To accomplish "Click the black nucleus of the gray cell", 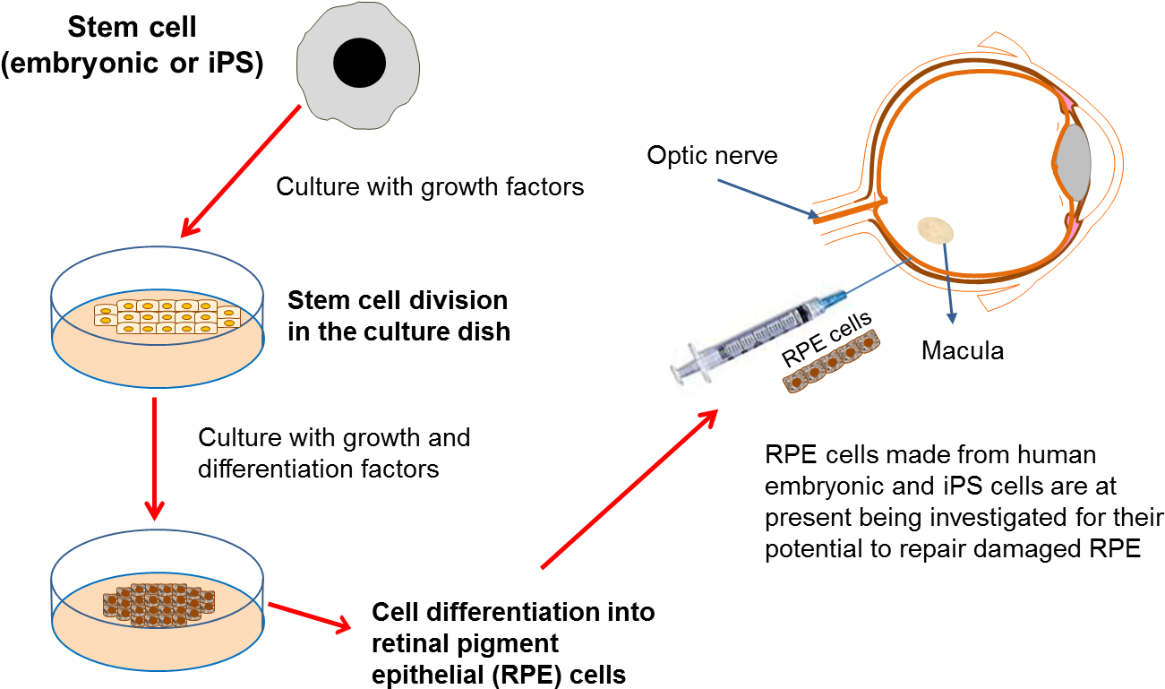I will point(359,63).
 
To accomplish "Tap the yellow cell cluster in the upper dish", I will point(167,316).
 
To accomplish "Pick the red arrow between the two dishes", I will point(155,457).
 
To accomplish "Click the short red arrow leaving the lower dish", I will point(309,616).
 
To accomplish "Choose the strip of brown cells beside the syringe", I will point(831,362).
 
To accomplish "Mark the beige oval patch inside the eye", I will point(935,230).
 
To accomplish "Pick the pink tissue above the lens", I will point(1064,103).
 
